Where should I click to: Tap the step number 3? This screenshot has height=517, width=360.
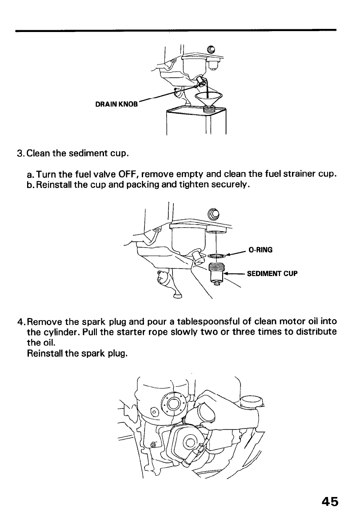point(20,154)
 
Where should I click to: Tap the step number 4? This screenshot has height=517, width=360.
point(20,322)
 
